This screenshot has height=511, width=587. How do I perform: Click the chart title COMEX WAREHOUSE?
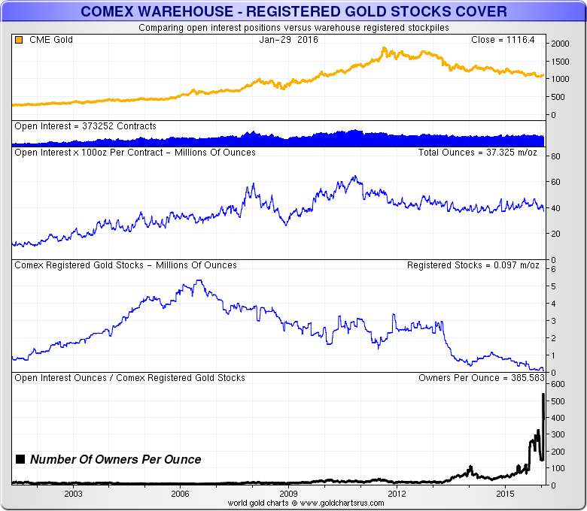pyautogui.click(x=293, y=11)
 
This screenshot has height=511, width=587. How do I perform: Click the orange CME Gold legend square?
pyautogui.click(x=19, y=39)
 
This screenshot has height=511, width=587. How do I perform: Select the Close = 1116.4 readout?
pyautogui.click(x=502, y=39)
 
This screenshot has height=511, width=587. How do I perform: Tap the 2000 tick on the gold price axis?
pyautogui.click(x=559, y=44)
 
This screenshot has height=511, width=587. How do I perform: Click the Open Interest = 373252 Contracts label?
pyautogui.click(x=85, y=126)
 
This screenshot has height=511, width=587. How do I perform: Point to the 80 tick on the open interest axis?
pyautogui.click(x=555, y=156)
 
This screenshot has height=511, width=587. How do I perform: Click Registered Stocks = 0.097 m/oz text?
pyautogui.click(x=470, y=265)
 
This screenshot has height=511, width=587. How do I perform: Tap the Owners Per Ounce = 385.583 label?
pyautogui.click(x=476, y=378)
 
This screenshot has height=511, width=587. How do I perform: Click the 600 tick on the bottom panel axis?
pyautogui.click(x=558, y=384)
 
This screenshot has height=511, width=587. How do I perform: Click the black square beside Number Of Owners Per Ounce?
pyautogui.click(x=20, y=459)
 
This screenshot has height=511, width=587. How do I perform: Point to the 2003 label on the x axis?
pyautogui.click(x=73, y=494)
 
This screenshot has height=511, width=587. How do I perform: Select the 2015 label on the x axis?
pyautogui.click(x=505, y=494)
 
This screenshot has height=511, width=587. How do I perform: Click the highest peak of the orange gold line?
pyautogui.click(x=384, y=48)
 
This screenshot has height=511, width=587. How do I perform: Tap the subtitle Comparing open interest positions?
pyautogui.click(x=293, y=28)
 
